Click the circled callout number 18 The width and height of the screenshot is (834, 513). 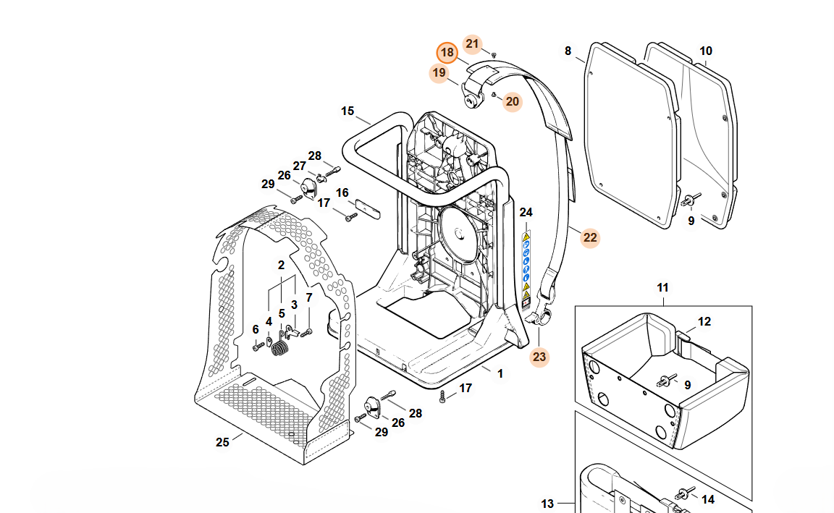click(447, 52)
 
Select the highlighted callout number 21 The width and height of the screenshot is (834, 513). click(472, 44)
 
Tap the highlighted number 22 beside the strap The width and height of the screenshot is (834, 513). click(590, 237)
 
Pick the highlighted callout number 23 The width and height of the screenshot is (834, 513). click(539, 356)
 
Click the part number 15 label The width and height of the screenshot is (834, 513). click(347, 111)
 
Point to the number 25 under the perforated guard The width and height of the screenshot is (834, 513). click(222, 442)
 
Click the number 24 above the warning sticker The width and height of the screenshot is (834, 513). click(526, 212)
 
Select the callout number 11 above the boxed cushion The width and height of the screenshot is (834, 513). click(663, 289)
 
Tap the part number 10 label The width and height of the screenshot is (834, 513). click(706, 51)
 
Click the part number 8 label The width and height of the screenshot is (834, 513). click(568, 51)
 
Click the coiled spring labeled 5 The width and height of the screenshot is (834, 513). click(280, 349)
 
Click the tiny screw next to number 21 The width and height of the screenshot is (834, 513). click(494, 54)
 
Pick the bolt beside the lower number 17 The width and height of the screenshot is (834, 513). click(442, 396)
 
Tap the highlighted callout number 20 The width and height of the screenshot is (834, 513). click(513, 101)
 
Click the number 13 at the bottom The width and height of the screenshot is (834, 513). click(547, 504)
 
